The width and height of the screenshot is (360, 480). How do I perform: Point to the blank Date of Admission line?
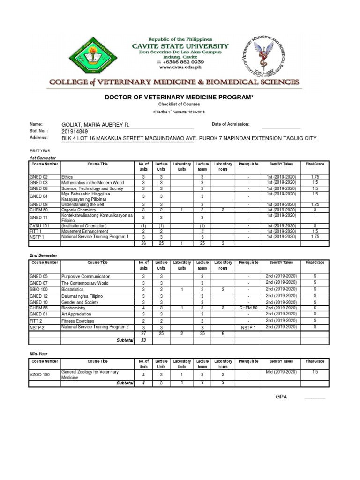coord(280,124)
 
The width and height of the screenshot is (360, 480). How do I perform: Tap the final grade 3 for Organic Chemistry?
coord(315,210)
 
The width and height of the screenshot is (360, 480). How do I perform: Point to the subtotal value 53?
coord(143,340)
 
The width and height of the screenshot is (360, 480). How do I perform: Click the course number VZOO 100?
coord(39,375)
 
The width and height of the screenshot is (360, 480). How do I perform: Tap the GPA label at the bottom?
coord(281,397)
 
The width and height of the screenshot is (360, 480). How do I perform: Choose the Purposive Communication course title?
coord(86,277)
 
